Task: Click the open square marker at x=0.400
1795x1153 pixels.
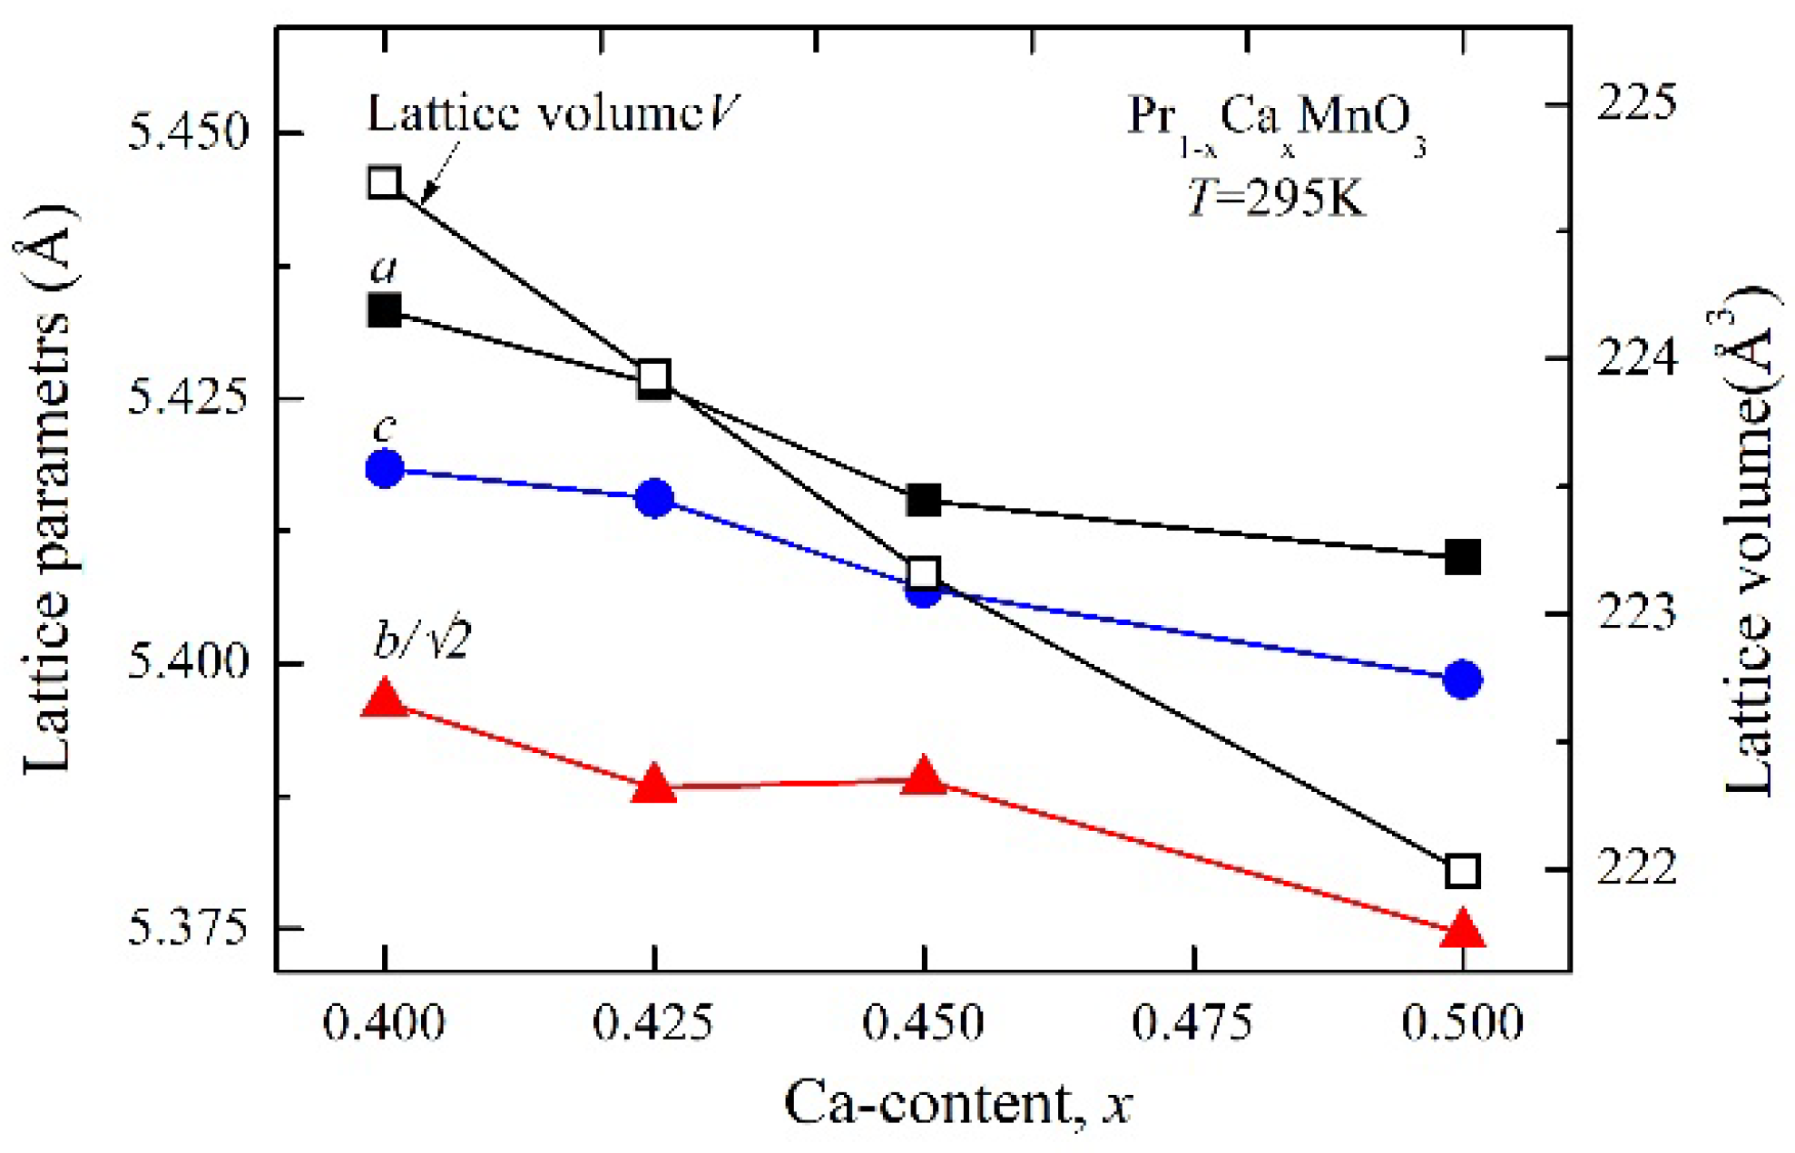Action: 385,182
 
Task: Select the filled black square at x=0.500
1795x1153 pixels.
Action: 1462,557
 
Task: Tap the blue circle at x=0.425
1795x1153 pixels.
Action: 654,498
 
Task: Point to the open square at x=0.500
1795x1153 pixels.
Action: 1462,871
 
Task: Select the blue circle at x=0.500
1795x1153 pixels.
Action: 1462,679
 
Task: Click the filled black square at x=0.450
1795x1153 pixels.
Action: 924,499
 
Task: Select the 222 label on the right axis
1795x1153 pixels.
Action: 1637,869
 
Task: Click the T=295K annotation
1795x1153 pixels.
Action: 1275,196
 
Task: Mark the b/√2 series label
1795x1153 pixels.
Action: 422,641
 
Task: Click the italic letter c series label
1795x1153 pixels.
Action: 385,428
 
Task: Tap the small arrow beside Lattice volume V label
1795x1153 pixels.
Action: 437,172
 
